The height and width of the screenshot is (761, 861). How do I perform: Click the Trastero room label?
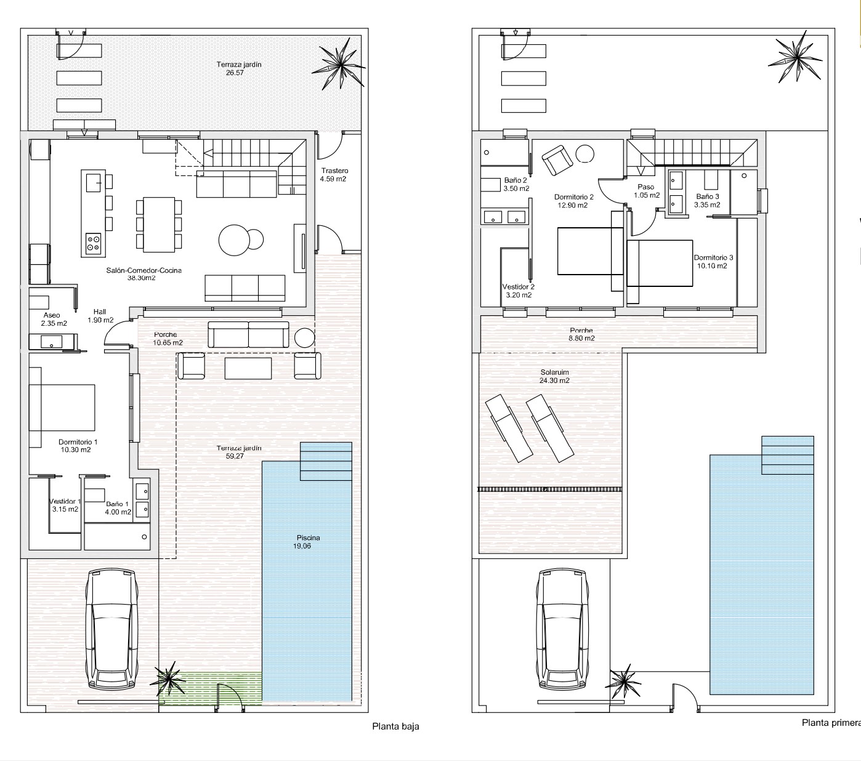coord(334,171)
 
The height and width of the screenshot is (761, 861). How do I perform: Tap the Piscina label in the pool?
coord(308,538)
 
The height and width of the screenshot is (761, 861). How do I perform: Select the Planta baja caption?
coord(395,726)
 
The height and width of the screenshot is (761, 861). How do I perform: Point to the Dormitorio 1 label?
coord(78,442)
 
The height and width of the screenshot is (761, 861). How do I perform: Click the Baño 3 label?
coord(708,196)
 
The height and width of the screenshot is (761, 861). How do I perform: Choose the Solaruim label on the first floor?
coord(554,372)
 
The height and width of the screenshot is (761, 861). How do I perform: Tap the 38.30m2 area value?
coord(142,278)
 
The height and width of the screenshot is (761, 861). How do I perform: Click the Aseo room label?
coord(52,315)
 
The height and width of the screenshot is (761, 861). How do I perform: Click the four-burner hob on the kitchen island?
coord(94,243)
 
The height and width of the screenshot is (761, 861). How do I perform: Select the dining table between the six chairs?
coord(159,224)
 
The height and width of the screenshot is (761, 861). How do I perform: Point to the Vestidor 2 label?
coord(518,287)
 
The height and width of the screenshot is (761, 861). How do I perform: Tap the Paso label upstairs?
coord(646,187)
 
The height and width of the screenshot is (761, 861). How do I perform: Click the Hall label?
coord(100,312)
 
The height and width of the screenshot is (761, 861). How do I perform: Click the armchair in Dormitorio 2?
coord(557,160)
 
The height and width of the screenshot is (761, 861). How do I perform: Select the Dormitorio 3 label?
coord(714,257)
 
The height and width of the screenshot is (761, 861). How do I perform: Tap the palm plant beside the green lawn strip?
coord(168,681)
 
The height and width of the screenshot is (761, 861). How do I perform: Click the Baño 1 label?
coord(117,504)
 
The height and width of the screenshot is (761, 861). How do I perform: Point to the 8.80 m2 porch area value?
coord(582,338)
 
